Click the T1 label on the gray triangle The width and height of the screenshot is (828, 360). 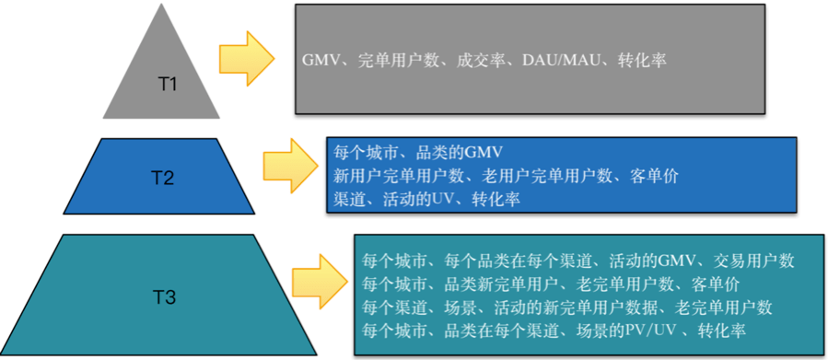point(167,85)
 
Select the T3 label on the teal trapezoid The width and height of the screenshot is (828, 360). point(164,296)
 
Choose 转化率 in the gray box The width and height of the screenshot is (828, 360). point(642,60)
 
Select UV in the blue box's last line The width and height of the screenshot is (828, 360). point(445,198)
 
